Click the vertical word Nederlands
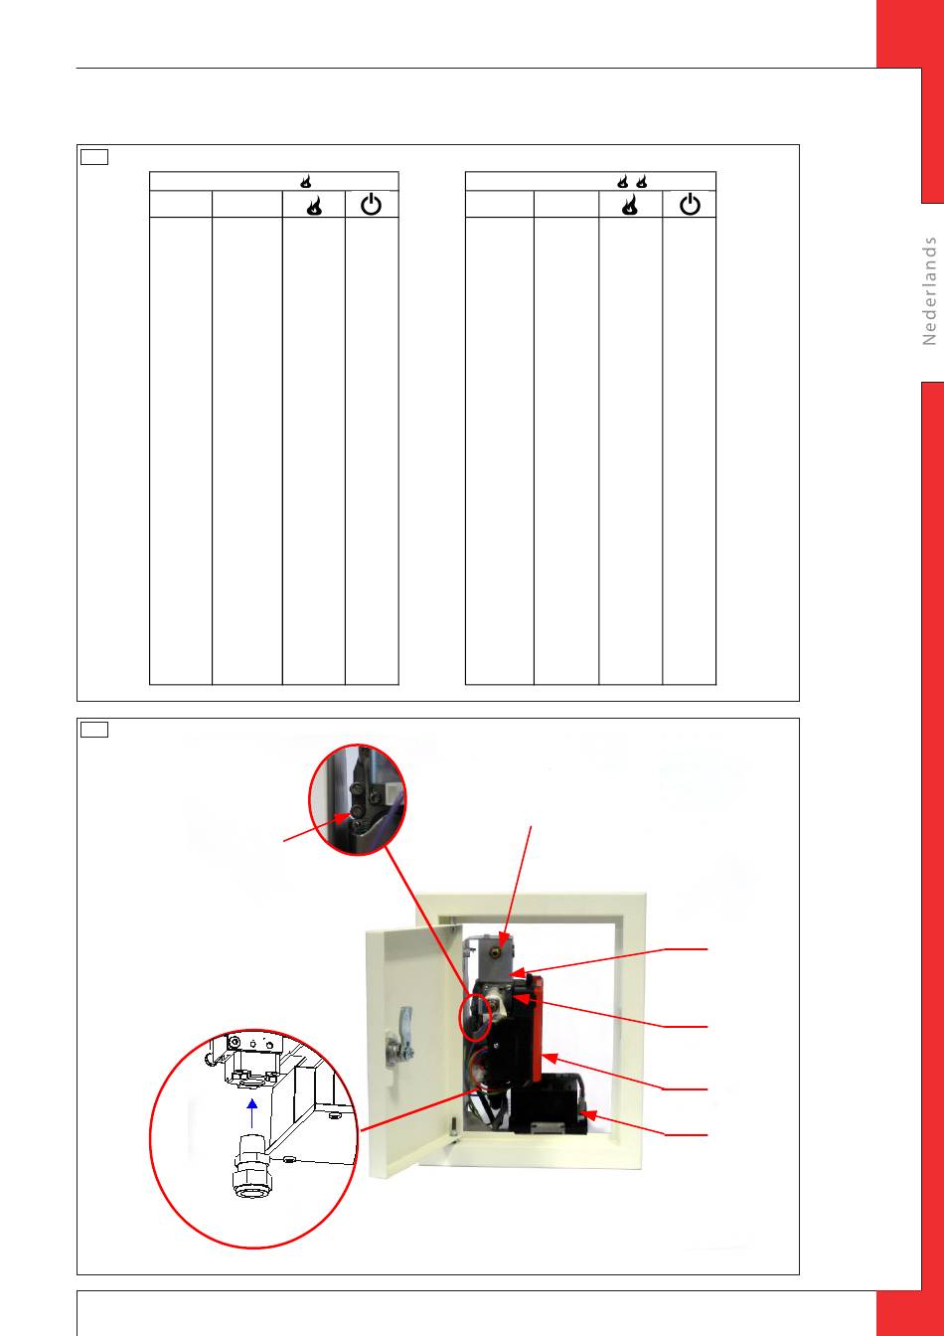click(x=929, y=290)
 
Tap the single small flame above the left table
click(x=306, y=181)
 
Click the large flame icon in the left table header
click(x=314, y=205)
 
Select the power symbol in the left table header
click(x=371, y=204)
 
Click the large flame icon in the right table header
click(x=630, y=204)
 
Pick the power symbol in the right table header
click(x=690, y=204)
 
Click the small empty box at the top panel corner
click(x=94, y=157)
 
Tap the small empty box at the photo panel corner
click(x=94, y=730)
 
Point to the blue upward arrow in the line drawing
click(x=252, y=1113)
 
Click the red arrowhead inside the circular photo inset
click(x=342, y=818)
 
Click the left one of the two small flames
click(x=622, y=181)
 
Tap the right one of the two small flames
click(x=641, y=181)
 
